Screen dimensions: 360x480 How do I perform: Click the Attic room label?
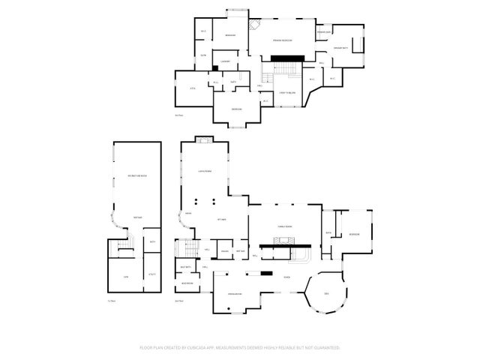coord(192,88)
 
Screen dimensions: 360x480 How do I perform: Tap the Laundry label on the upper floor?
coord(225,61)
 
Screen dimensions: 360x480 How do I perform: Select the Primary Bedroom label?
coord(282,40)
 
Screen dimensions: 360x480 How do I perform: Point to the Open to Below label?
coord(287,93)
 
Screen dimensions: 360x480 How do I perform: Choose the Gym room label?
coord(126,277)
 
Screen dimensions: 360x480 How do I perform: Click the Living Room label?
coord(205,172)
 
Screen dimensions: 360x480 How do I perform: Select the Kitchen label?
coord(222,219)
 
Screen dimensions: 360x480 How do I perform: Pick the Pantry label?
coord(225,250)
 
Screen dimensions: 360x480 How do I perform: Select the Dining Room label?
coord(234,294)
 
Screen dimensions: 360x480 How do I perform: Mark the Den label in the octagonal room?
coord(326,292)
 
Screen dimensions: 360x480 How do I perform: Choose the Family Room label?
coord(285,226)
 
